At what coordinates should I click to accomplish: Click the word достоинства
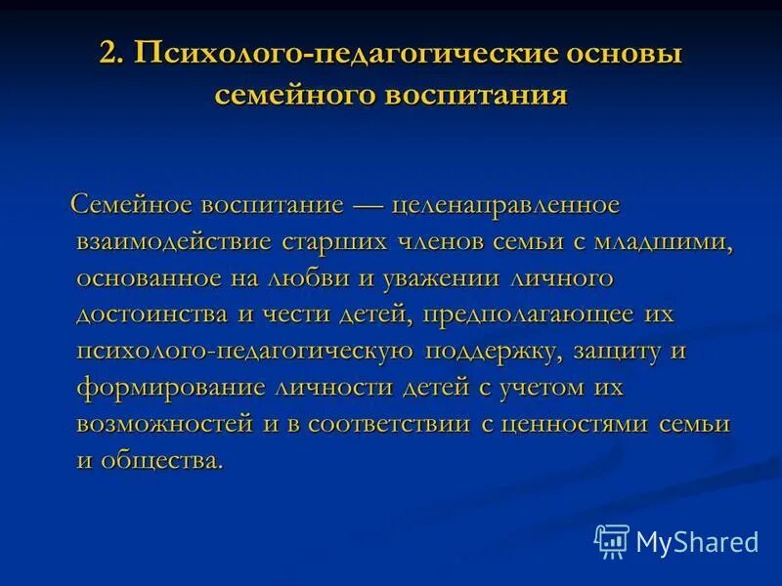(x=143, y=314)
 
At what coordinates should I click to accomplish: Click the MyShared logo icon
(x=612, y=540)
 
